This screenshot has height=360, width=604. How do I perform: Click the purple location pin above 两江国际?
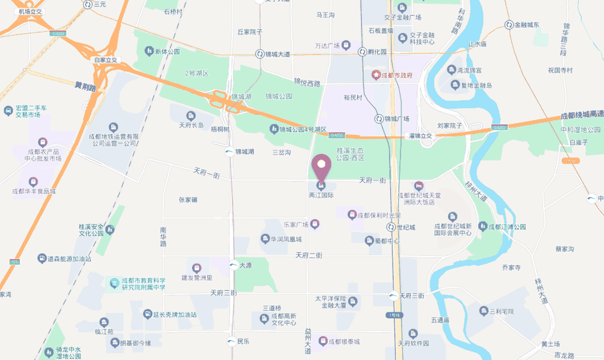pos(321,164)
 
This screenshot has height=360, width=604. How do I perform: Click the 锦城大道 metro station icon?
pos(259,54)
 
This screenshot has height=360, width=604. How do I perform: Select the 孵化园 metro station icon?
pos(362,52)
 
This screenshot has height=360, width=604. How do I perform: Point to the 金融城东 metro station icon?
pos(509,25)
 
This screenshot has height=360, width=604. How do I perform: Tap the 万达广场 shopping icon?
pos(346,44)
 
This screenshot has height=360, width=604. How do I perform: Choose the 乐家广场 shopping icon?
pos(315,224)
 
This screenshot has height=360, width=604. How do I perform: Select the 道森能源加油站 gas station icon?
pos(41,259)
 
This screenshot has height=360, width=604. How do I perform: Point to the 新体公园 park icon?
pos(149,52)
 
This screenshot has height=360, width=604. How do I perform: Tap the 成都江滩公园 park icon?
pos(483,226)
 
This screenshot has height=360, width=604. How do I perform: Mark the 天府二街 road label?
pos(310,256)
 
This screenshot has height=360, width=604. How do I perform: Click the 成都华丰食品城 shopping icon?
pos(33,181)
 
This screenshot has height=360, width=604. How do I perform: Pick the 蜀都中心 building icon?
pos(369,240)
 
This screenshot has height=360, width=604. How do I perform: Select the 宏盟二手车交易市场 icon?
pos(8,111)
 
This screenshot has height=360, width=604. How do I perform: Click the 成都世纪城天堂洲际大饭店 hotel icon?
pos(419,185)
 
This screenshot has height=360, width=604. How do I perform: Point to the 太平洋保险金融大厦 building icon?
pos(353,301)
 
